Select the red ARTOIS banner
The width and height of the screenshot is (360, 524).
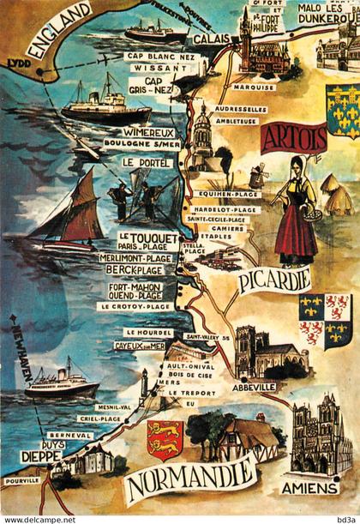(x=294, y=137)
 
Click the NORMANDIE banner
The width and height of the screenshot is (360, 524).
(x=190, y=480)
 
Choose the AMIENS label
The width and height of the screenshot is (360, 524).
(x=309, y=488)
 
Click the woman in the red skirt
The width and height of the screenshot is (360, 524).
(x=296, y=210)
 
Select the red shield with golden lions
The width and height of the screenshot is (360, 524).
(x=165, y=438)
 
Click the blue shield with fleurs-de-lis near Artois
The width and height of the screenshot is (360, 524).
(x=342, y=111)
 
